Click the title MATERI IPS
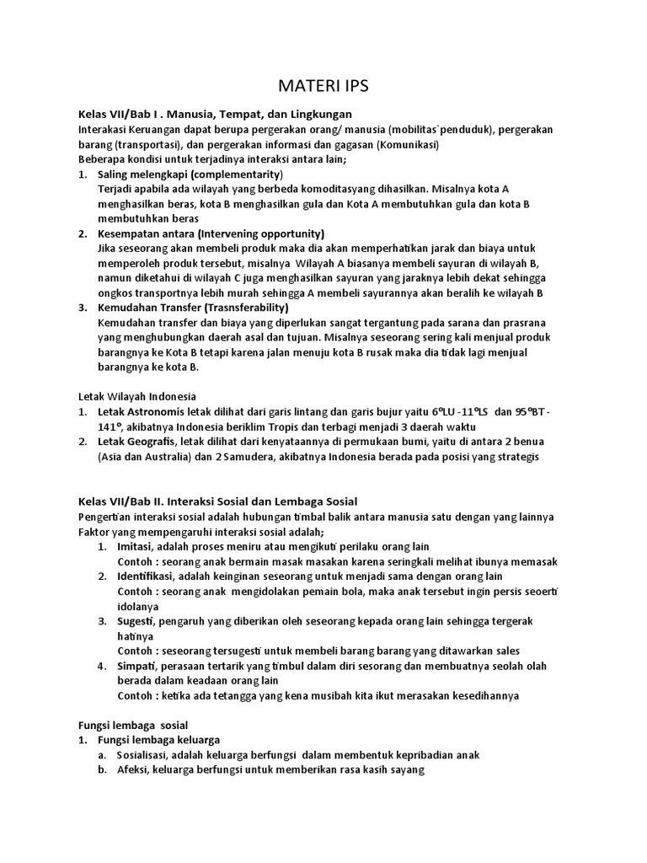323,86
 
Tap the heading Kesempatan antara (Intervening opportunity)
211,233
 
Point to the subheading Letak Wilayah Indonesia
137,396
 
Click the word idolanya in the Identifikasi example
138,606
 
